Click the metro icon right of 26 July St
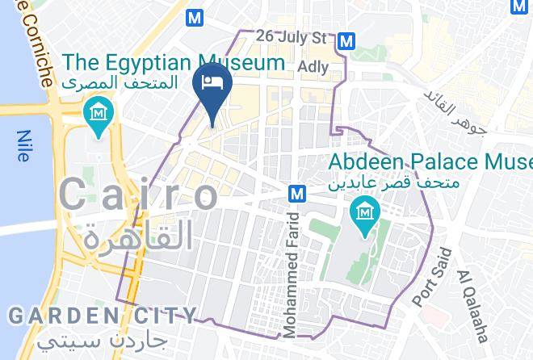(x=347, y=40)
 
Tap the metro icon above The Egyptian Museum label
(x=194, y=17)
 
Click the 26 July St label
(x=292, y=37)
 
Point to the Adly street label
(x=313, y=66)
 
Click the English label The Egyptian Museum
(x=174, y=62)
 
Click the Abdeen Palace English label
(x=430, y=161)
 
